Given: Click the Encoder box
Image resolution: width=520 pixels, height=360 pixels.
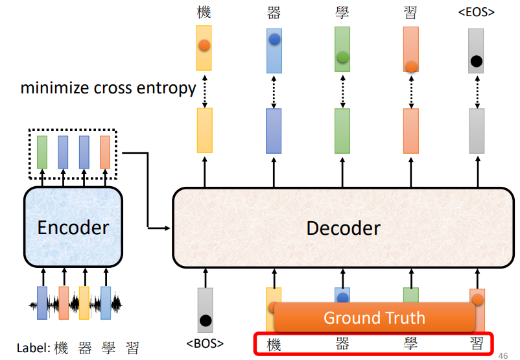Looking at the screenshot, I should coord(73,228).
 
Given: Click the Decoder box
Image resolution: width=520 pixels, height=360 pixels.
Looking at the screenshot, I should coord(343,228).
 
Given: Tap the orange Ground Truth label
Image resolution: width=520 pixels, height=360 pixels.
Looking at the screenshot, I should coord(374,318).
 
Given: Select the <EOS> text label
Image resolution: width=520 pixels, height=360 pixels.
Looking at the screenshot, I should coord(477,12).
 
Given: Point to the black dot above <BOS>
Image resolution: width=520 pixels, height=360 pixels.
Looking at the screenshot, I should coord(206,320).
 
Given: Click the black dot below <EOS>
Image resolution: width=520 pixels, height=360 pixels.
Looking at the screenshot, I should coord(477,62).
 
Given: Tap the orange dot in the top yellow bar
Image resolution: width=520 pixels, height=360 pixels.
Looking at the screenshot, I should coord(204,45).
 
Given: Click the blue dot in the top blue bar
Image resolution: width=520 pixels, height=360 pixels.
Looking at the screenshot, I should coord(274,39).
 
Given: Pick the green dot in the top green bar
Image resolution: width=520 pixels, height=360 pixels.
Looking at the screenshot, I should coord(342,58).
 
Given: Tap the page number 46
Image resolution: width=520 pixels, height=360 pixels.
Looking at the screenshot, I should coord(503,355).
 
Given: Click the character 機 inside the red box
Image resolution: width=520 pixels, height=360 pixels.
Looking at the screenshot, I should coord(274,344).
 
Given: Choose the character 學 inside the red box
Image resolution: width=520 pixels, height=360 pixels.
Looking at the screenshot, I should coord(410,344).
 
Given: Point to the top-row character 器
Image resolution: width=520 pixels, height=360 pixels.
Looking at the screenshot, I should coord(274,12).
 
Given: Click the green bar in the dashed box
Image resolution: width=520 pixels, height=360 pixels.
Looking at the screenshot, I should coord(42,151).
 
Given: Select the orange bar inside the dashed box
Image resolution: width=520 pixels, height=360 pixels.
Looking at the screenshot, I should coord(104,151).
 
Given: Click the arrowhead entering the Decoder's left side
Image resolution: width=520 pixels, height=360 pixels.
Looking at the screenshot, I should coord(167,228).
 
